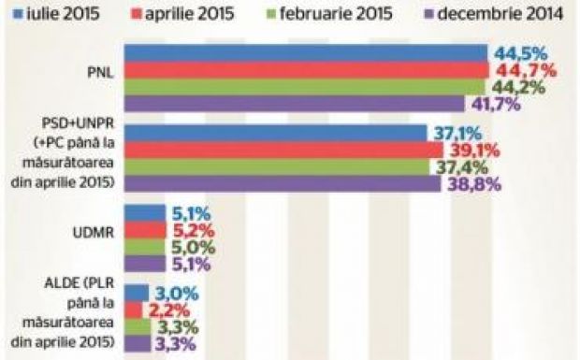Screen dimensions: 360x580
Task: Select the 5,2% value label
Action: (x=192, y=230)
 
